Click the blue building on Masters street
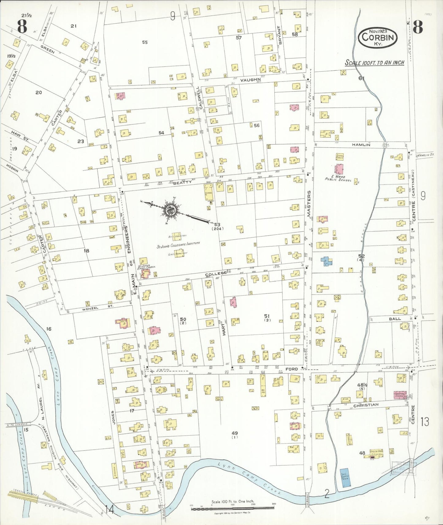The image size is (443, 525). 327,261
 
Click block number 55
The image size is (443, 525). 145,42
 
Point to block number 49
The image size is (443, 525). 235,433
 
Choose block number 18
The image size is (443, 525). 86,251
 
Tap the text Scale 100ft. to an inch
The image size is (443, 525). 374,63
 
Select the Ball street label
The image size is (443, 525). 395,319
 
